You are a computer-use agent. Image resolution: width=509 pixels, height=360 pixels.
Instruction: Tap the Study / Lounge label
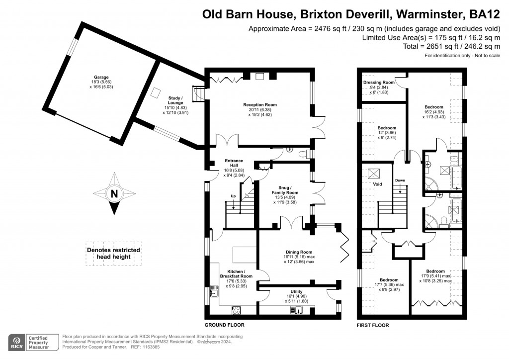click(175, 100)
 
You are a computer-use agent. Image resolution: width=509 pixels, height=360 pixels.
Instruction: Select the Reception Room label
click(259, 105)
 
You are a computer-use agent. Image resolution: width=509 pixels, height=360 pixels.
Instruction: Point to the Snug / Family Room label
click(285, 192)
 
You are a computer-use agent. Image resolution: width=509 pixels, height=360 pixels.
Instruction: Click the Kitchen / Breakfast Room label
click(236, 273)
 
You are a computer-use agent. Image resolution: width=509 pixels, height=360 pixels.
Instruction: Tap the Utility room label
click(300, 291)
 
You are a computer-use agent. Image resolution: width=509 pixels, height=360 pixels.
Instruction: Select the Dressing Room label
click(379, 83)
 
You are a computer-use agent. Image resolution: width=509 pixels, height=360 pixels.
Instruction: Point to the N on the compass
click(114, 194)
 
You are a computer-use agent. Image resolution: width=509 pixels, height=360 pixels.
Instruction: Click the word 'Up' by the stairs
click(233, 196)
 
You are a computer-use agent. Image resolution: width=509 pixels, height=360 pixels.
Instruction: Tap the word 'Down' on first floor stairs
click(400, 180)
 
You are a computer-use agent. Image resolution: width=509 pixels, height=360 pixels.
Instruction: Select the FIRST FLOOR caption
click(373, 325)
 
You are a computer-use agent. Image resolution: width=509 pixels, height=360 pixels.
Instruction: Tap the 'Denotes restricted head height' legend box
click(113, 254)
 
